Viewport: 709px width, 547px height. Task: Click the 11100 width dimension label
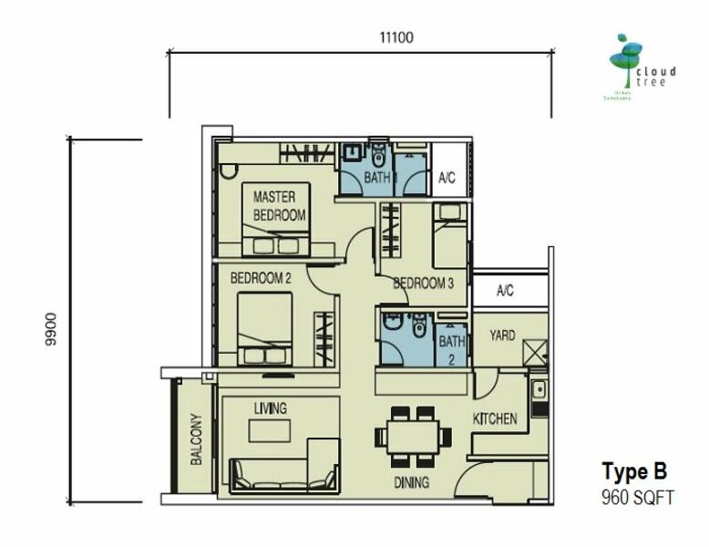[396, 37]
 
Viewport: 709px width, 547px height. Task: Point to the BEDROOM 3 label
[423, 284]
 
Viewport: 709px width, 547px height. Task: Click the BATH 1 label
[377, 179]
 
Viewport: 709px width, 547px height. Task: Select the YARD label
[502, 335]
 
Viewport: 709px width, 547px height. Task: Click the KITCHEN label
[495, 419]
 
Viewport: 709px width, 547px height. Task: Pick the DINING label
[411, 482]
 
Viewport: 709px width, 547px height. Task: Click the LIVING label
[271, 409]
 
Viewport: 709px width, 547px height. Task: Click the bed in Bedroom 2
[263, 328]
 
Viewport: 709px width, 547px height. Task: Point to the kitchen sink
[539, 390]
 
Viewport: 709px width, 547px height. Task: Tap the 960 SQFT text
[637, 498]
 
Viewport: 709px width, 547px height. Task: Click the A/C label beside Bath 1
[447, 179]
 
